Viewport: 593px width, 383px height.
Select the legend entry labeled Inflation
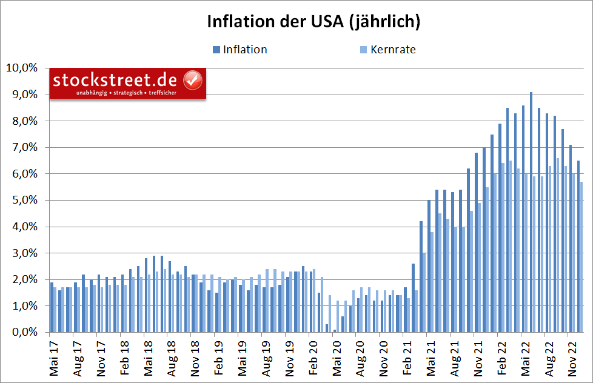[x=244, y=50]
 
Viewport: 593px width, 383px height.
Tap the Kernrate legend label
[x=393, y=50]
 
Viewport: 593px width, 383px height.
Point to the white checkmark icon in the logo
[x=192, y=79]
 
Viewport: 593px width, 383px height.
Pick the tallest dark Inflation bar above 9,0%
[x=531, y=212]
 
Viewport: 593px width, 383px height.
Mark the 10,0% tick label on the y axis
[x=21, y=68]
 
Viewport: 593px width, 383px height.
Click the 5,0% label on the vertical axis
[x=24, y=200]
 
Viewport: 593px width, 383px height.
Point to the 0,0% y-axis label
[x=24, y=332]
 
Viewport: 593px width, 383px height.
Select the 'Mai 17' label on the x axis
[x=52, y=358]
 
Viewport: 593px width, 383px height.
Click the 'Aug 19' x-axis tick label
[x=265, y=358]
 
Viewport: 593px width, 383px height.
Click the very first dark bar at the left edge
[x=52, y=307]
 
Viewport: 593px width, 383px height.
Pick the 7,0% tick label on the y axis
[x=24, y=147]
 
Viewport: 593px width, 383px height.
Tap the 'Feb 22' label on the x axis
[x=500, y=358]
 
